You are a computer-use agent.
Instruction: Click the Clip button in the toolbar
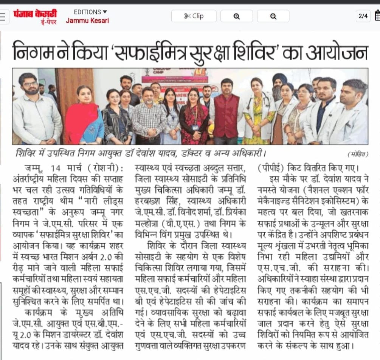[194, 16]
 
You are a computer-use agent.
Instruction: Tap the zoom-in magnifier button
[236, 16]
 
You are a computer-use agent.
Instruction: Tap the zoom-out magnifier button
[273, 16]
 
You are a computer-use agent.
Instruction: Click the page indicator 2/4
[363, 16]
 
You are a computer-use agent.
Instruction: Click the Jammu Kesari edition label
[87, 20]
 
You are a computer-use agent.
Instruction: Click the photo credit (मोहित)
[357, 154]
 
